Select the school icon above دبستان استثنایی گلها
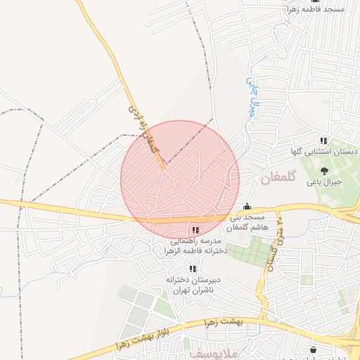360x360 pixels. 323,141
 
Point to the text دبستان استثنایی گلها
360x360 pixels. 325,152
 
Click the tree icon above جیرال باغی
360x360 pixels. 324,171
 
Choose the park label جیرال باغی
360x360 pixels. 323,181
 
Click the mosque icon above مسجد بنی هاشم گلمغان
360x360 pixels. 247,207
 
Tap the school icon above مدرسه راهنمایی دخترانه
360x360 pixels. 195,230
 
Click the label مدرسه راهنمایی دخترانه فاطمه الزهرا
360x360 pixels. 194,245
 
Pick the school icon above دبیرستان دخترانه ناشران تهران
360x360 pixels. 192,269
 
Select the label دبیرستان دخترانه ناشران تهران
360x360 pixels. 193,284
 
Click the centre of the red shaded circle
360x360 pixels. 180,180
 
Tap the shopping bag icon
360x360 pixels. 312,350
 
